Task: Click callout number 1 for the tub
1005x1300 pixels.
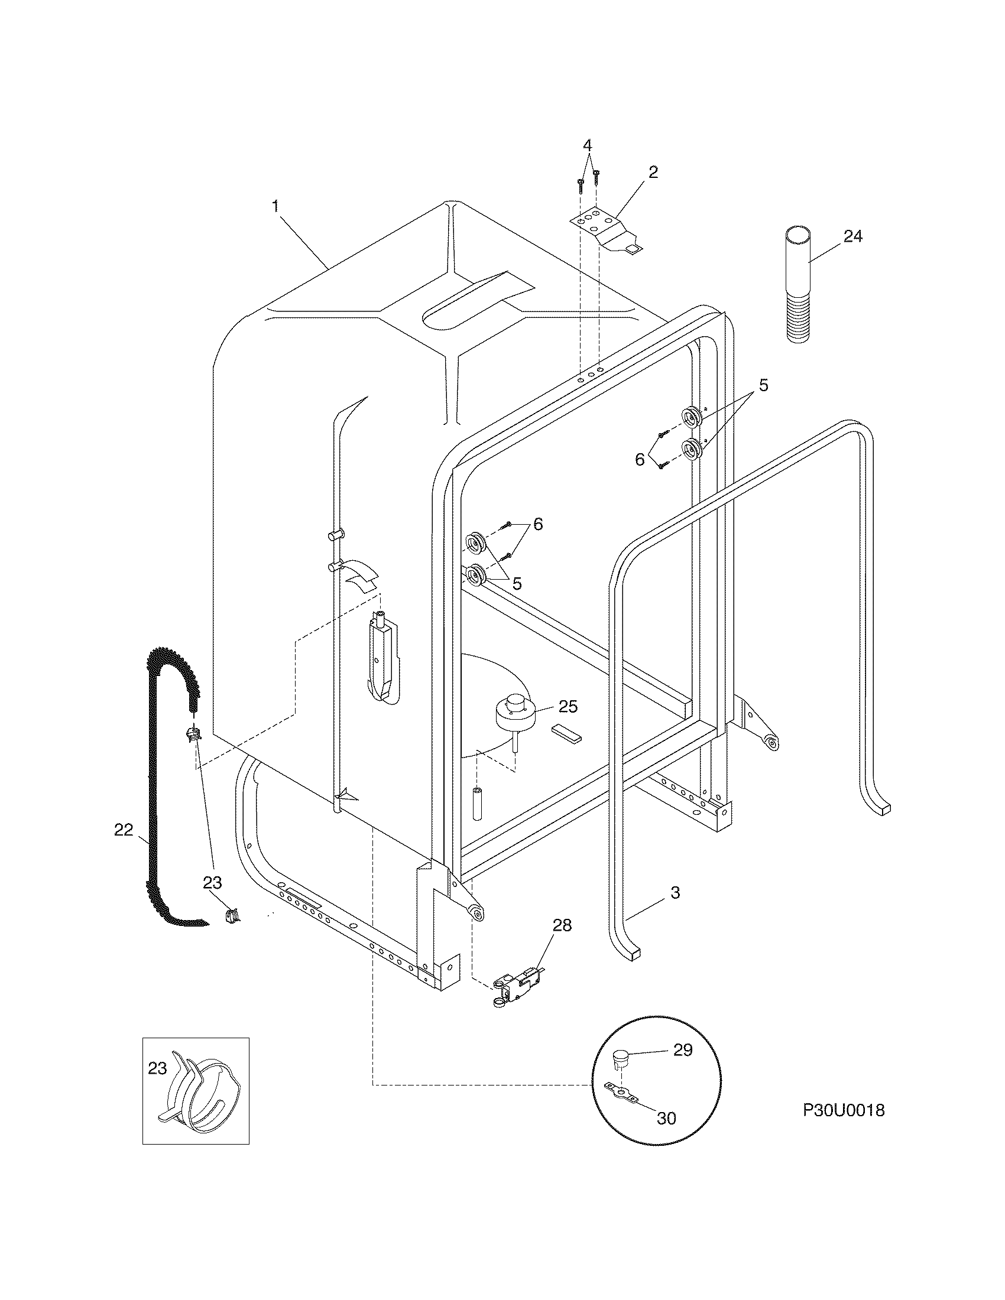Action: (x=275, y=207)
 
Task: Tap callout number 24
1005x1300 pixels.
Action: (x=852, y=236)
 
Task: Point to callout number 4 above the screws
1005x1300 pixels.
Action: (x=588, y=145)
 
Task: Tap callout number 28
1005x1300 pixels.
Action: (x=562, y=925)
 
